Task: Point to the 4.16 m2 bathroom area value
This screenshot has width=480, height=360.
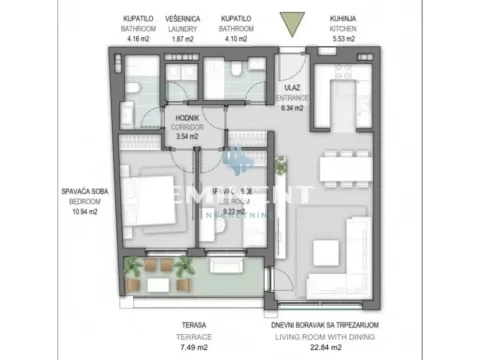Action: pyautogui.click(x=138, y=40)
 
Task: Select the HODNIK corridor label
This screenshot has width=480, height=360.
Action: pyautogui.click(x=187, y=118)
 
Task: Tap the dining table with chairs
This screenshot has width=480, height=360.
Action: pyautogui.click(x=341, y=173)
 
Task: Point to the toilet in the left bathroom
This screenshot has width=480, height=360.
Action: pyautogui.click(x=133, y=93)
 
